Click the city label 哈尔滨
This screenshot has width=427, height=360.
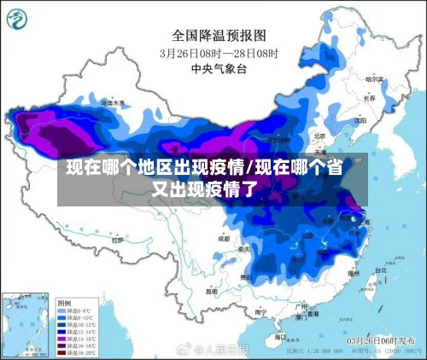pos(372,78)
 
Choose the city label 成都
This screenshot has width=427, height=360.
pos(224,239)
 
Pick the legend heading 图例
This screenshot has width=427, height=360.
pos(63,303)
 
